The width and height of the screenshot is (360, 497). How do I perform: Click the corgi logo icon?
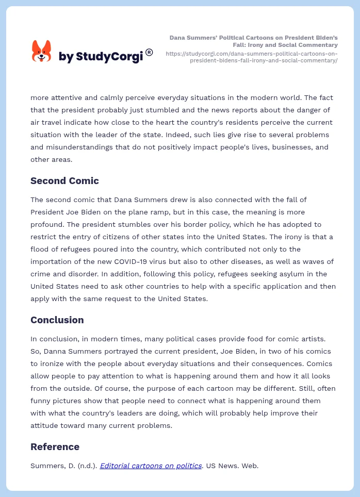click(41, 51)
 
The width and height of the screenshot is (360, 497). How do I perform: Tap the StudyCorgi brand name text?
click(101, 57)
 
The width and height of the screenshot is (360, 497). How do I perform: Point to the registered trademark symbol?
click(149, 52)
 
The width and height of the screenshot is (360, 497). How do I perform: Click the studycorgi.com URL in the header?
click(252, 57)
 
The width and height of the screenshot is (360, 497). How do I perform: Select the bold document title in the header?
click(253, 41)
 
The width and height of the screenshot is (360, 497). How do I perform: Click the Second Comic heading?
click(64, 180)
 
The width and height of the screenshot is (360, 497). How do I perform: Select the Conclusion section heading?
click(57, 320)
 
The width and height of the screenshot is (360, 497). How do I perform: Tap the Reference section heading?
click(55, 446)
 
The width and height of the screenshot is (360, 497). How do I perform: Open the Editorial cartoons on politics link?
click(151, 466)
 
